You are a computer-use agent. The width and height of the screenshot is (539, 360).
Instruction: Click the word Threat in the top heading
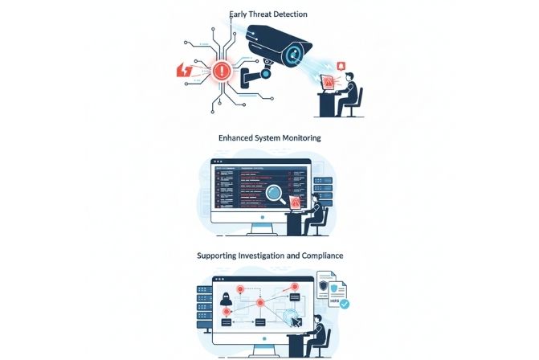(x=257, y=14)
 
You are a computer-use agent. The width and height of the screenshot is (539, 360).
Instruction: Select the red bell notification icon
(x=343, y=66)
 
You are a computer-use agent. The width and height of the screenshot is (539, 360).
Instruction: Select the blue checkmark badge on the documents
(x=344, y=304)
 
